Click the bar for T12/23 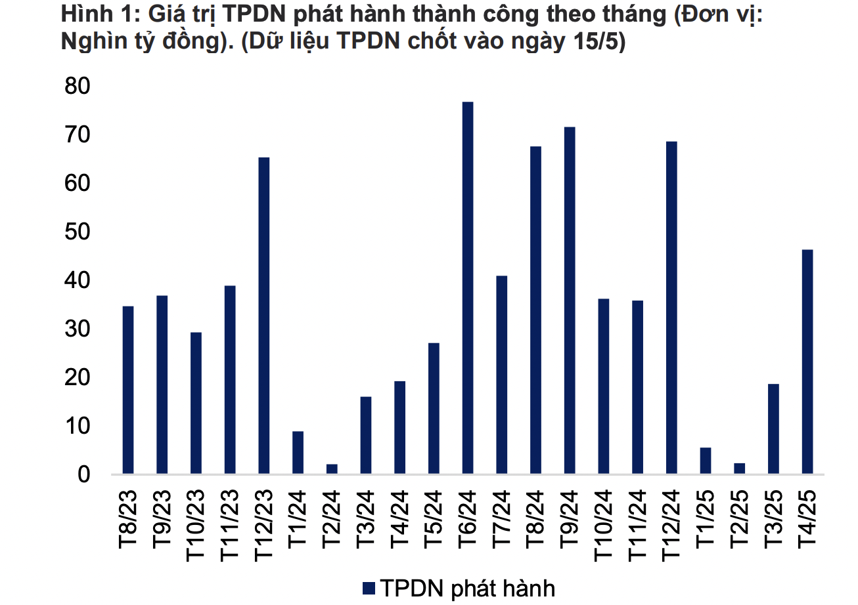pos(264,315)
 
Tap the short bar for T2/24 pos(332,469)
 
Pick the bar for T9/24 pos(570,300)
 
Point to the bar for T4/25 pos(807,361)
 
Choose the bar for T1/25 pos(706,460)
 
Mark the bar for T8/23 pos(128,390)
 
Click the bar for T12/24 pos(671,307)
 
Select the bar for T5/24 pos(434,407)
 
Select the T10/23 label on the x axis pos(195,525)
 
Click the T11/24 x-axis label pos(637,525)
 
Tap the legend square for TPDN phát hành pos(369,588)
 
